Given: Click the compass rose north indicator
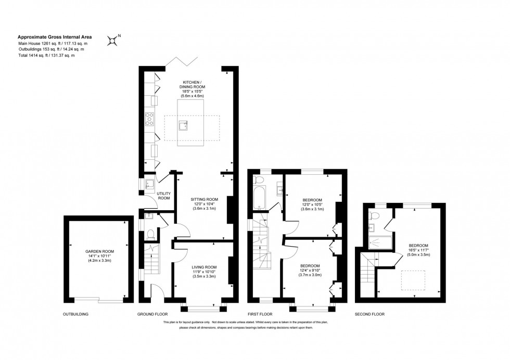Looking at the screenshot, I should click(x=113, y=40).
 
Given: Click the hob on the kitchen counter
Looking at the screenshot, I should click(x=150, y=119).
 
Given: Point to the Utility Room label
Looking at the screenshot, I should click(x=164, y=196).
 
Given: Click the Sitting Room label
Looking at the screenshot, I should click(x=204, y=199).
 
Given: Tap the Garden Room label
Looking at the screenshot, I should click(x=99, y=251).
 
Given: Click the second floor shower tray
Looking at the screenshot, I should click(x=378, y=241).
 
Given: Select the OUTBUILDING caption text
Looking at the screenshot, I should click(x=76, y=315).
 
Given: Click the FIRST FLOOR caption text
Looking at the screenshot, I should click(x=260, y=315).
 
